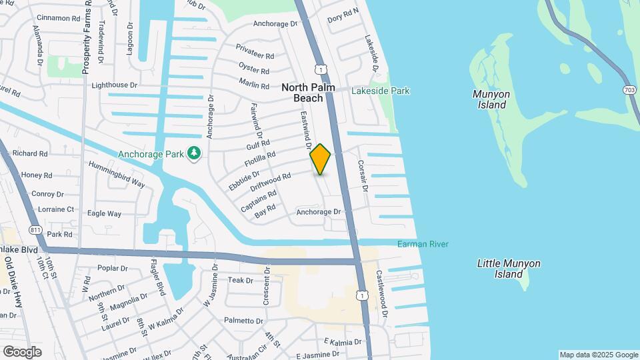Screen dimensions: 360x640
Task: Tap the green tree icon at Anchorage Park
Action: click(194, 154)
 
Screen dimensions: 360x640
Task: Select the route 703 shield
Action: click(629, 89)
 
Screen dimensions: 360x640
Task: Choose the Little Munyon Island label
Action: click(509, 269)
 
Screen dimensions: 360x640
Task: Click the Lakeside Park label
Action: click(381, 91)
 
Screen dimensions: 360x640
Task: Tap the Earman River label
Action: click(423, 244)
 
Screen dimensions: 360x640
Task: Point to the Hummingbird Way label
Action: click(117, 173)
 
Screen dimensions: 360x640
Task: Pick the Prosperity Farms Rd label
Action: click(86, 37)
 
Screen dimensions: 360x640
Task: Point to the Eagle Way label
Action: click(104, 214)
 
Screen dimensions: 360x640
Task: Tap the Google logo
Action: click(22, 351)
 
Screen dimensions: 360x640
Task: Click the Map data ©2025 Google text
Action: click(599, 355)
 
